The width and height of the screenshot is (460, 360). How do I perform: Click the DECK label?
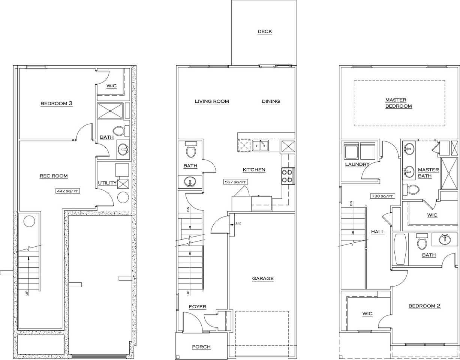coord(265,31)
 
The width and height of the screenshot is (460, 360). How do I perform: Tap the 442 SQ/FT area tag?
coord(67,191)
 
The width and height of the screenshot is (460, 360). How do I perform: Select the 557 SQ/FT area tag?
coord(235,182)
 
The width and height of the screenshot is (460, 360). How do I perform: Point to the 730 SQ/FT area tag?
coord(382,196)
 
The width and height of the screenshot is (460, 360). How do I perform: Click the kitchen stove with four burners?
coord(288,176)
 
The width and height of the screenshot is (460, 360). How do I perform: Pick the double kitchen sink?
coord(261,145)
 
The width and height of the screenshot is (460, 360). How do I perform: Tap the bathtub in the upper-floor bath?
coord(400,249)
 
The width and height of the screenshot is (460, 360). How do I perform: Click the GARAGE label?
coord(263,279)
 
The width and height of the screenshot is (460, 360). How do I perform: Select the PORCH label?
coord(201,347)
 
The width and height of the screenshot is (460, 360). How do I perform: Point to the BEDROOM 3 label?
coord(57,103)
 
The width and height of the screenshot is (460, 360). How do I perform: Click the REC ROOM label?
coord(54,176)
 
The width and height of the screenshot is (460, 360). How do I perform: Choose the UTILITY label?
coord(107,183)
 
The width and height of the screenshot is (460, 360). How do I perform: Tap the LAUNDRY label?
coord(357,164)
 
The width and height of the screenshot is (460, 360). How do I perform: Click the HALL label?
coord(378,232)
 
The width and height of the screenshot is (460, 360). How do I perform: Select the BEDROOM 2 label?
coord(424,306)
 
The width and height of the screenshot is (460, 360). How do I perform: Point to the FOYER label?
coord(197,307)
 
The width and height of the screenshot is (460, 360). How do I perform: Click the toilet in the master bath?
coord(411,190)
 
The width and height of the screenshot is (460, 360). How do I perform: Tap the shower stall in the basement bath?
coord(110,111)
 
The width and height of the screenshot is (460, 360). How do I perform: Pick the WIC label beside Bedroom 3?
coord(111,86)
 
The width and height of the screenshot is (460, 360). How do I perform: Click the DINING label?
coord(271,101)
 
